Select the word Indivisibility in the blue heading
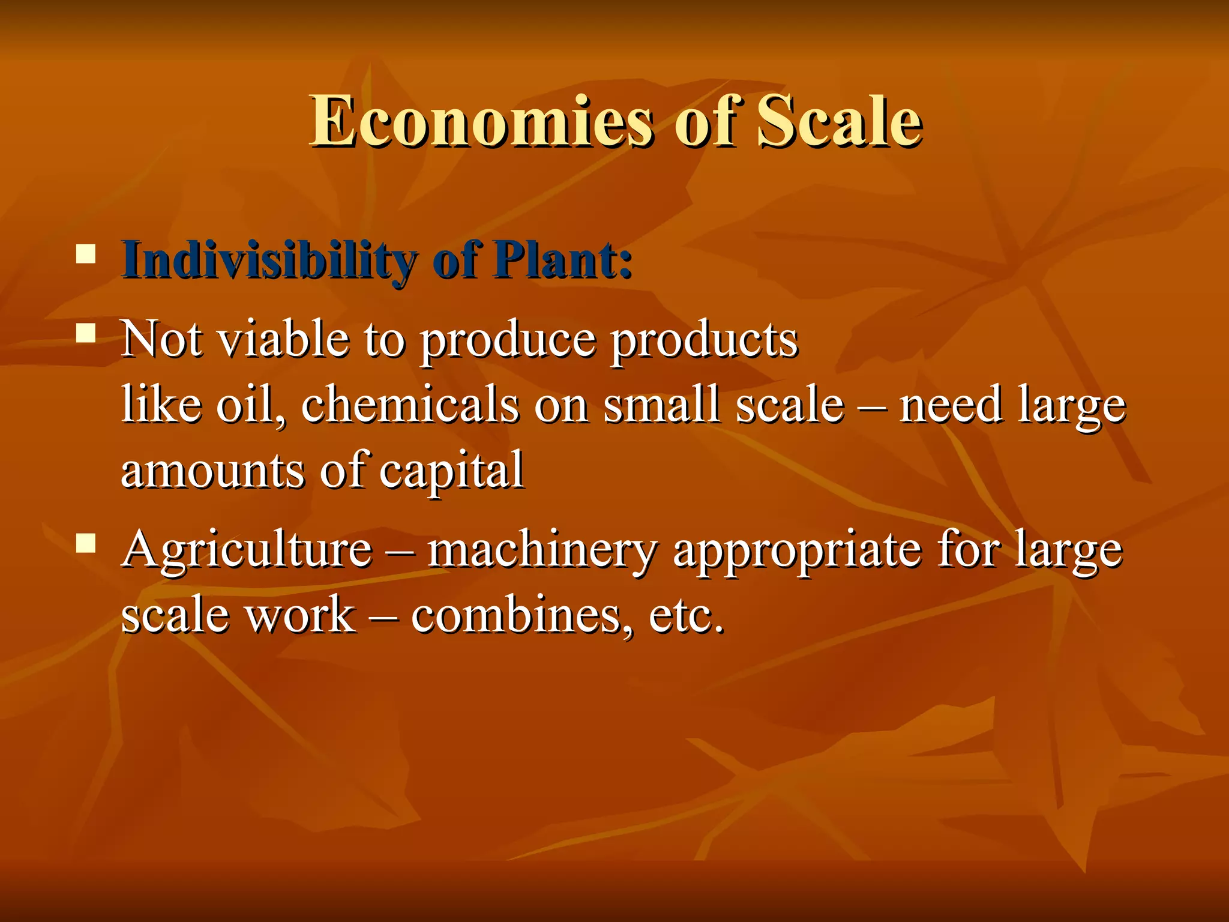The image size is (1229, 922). tap(268, 261)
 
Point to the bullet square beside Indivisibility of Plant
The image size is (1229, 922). tap(86, 254)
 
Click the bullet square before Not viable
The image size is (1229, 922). tap(86, 333)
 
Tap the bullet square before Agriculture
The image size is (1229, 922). tap(86, 543)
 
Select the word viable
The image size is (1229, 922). tap(283, 340)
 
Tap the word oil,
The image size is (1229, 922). tap(251, 406)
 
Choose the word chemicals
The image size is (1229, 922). tap(410, 405)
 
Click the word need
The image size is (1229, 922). tap(951, 406)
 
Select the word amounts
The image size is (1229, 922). tap(212, 472)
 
